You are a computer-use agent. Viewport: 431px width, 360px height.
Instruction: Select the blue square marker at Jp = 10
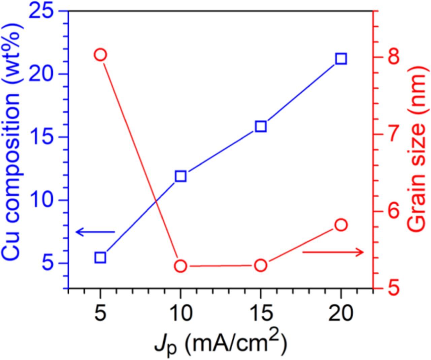[x=180, y=176]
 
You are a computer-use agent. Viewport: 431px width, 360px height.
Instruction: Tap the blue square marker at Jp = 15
[x=261, y=126]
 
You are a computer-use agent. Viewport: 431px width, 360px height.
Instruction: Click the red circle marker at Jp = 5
[x=100, y=55]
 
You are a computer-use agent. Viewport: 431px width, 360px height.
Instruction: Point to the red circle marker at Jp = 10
[x=180, y=266]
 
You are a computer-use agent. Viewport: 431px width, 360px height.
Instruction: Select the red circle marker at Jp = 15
[x=261, y=266]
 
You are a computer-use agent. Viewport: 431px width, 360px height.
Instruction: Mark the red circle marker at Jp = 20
[x=341, y=225]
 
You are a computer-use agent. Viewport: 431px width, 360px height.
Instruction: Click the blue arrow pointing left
[x=95, y=232]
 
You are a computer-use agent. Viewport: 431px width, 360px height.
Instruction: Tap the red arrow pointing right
[x=333, y=252]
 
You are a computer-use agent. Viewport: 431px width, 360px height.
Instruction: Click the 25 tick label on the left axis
[x=42, y=11]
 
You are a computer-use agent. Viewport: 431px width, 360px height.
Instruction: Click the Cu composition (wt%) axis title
[x=13, y=142]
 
